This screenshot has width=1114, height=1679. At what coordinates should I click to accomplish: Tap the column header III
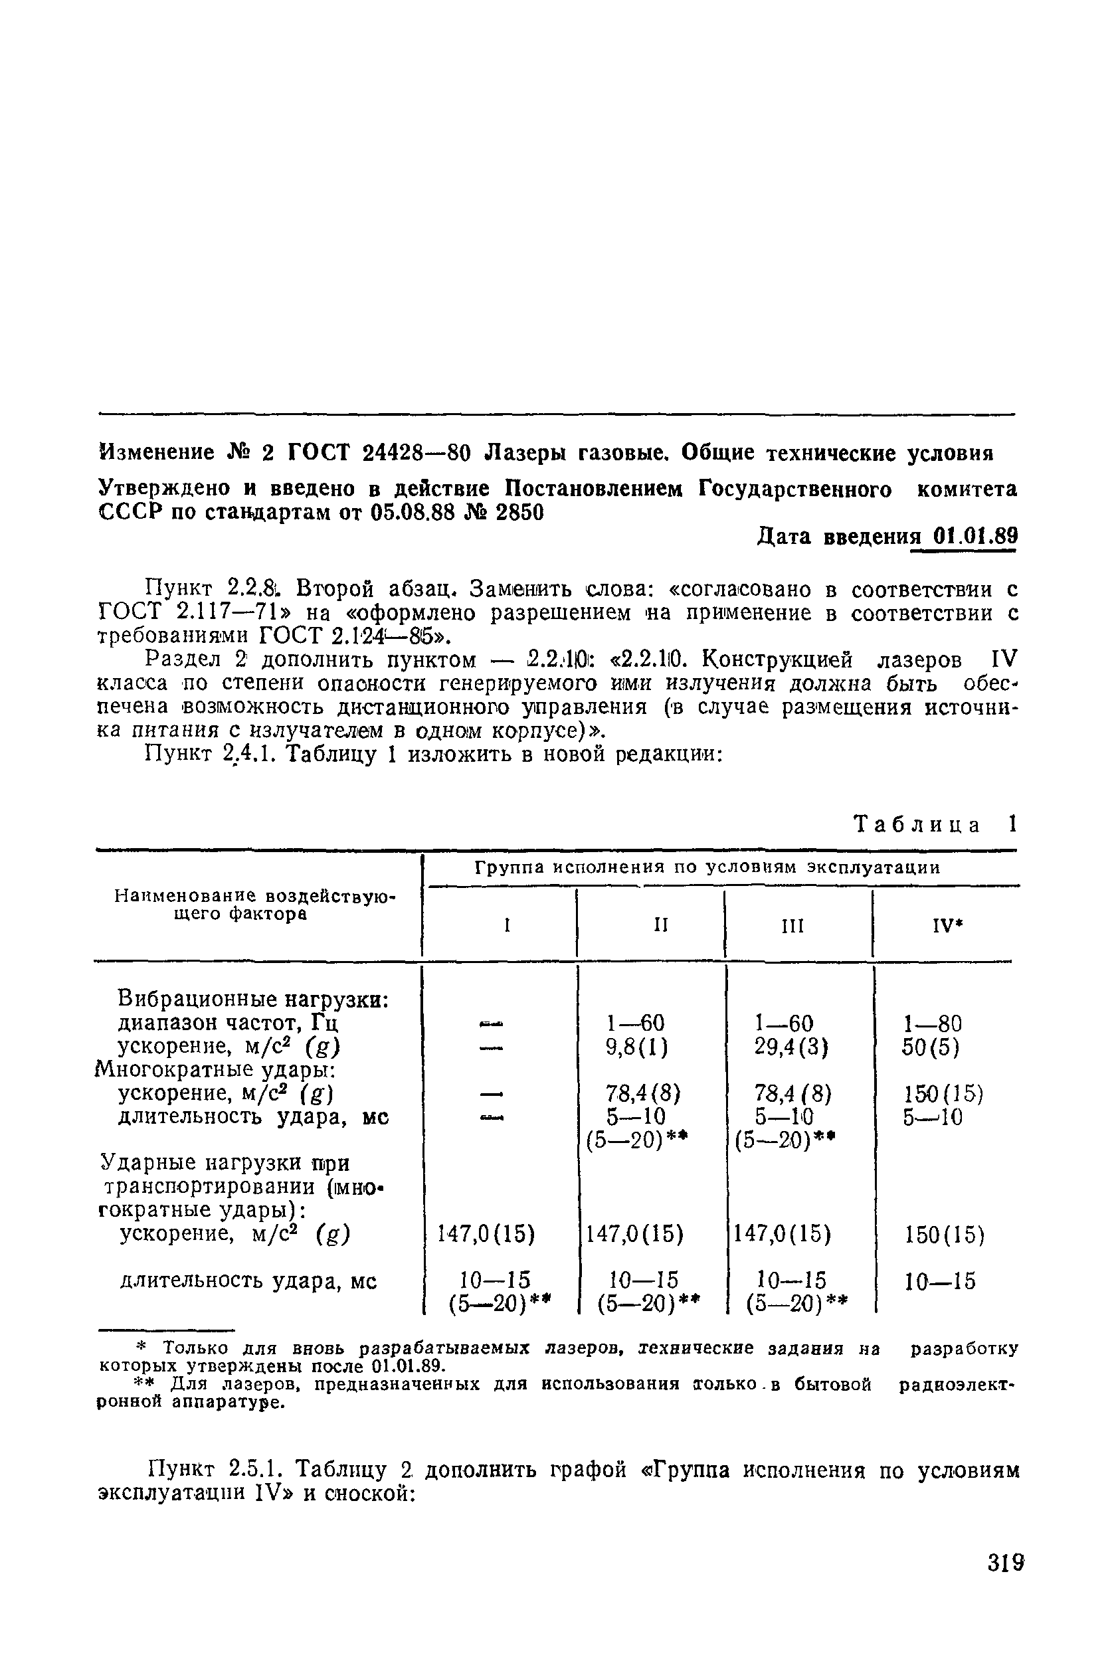pos(792,926)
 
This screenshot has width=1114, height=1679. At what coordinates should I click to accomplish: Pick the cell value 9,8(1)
pos(636,1047)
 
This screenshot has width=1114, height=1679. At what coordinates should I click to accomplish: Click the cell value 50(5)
pos(931,1047)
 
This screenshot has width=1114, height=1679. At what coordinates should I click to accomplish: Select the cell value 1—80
pos(932,1023)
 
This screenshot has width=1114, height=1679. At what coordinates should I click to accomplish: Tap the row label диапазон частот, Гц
pos(228,1023)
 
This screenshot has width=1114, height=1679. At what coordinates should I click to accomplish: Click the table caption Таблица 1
pos(936,824)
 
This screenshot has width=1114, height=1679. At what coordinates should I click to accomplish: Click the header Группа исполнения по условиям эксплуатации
pos(707,868)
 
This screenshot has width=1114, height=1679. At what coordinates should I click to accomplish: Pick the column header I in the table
pos(508,926)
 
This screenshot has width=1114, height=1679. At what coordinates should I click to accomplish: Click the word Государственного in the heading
pos(796,489)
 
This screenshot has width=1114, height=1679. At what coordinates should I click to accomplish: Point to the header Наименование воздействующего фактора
pos(255,905)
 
